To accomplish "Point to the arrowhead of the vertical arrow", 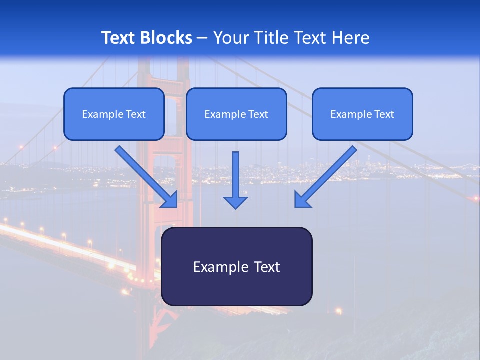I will (x=235, y=202).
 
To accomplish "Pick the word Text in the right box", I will (x=384, y=114).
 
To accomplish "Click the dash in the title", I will (x=202, y=38).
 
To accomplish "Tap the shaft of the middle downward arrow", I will (x=235, y=172).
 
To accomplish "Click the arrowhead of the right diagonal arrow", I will (x=302, y=200).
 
